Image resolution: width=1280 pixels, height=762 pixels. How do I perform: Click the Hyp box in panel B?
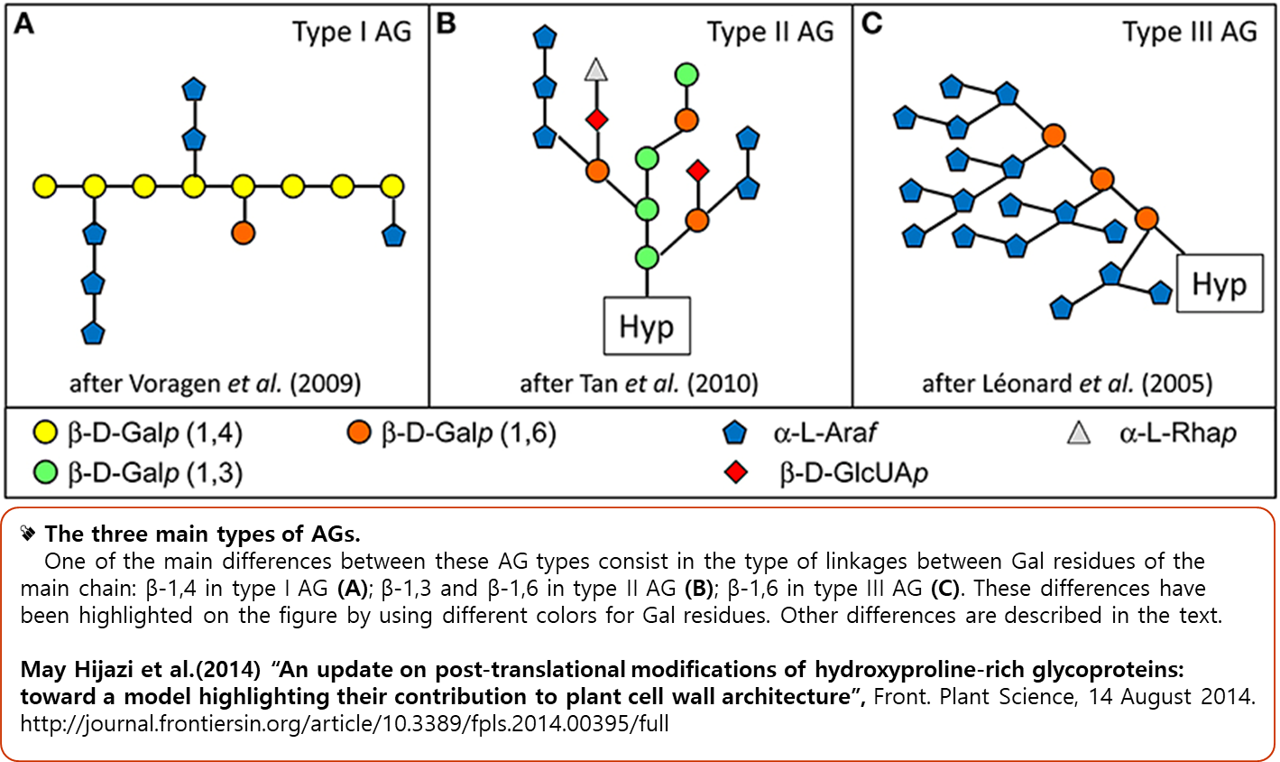646,326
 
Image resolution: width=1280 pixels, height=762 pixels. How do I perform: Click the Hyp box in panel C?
1219,283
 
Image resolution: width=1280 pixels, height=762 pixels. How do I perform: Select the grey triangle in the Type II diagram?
595,70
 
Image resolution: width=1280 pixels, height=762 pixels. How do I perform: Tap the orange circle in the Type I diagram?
243,232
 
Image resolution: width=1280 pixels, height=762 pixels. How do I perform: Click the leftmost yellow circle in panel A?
44,187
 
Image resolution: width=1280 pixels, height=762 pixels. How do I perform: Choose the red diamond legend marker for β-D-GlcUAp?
737,472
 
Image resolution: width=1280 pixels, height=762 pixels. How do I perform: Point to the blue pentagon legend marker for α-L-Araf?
736,434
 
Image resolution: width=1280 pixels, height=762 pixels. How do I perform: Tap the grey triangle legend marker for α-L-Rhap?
1078,434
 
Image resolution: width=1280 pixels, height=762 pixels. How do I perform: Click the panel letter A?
24,24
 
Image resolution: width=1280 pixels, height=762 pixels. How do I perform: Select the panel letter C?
871,24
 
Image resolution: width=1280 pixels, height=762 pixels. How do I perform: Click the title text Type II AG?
770,33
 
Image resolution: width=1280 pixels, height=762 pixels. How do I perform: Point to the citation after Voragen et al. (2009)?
216,384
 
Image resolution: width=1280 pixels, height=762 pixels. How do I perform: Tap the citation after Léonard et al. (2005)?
1066,384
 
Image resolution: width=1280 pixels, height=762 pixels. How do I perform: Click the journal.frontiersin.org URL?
345,723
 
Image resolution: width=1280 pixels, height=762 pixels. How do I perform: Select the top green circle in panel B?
686,75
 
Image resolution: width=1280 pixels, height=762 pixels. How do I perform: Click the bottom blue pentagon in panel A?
93,332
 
